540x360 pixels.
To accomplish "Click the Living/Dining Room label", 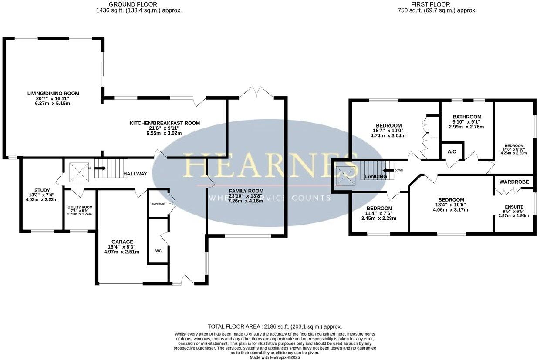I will [53, 93].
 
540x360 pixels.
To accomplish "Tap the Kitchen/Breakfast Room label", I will [165, 123].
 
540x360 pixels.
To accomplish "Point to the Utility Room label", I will [80, 207].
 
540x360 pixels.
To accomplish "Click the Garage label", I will [122, 242].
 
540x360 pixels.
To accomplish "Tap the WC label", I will [159, 251].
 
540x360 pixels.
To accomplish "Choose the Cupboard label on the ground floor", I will [158, 203].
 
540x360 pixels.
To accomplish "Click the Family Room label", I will [246, 191].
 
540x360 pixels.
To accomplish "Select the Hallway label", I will [135, 174].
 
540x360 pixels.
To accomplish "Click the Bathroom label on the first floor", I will [466, 117].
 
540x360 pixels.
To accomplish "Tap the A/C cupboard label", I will [452, 151].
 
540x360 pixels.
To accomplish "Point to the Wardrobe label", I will [514, 182].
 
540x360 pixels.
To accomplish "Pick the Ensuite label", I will [514, 207].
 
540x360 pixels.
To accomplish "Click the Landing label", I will [375, 176].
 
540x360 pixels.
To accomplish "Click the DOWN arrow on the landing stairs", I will [388, 171].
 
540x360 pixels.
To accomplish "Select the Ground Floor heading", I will [139, 4].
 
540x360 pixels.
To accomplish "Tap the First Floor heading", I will [437, 4].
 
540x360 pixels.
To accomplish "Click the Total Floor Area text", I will [275, 326].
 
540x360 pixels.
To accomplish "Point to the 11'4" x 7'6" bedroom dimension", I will [379, 213].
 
